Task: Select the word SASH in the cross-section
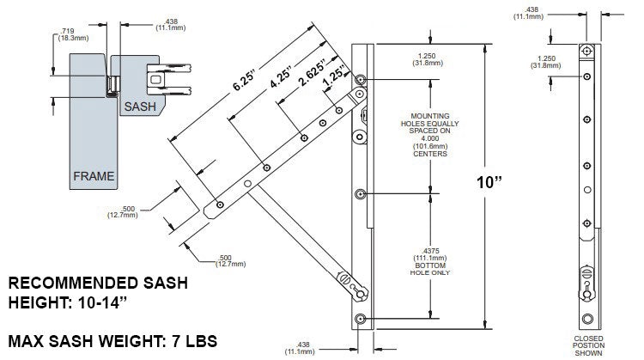coord(141,107)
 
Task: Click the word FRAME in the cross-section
coord(94,175)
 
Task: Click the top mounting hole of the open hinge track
coord(360,80)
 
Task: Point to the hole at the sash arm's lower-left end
coord(221,204)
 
